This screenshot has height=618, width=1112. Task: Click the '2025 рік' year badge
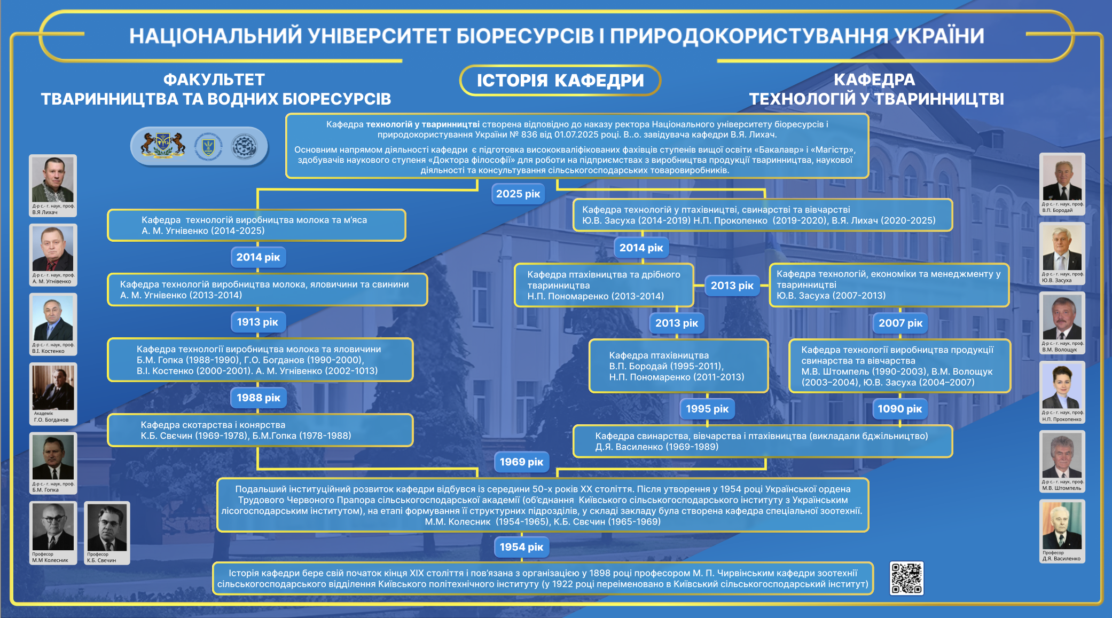518,194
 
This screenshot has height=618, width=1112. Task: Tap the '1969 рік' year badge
521,462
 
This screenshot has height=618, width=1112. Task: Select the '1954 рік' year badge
521,546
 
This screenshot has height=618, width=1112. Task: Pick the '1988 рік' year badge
258,398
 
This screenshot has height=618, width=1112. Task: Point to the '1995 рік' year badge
707,409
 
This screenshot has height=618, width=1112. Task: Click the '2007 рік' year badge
900,323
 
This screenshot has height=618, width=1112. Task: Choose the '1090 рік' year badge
899,409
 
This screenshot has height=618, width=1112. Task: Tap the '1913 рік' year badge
257,322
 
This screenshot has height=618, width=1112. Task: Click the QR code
906,578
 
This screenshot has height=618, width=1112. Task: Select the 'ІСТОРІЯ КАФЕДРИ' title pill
560,81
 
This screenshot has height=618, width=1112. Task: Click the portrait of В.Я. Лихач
52,180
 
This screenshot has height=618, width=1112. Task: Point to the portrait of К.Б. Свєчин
107,528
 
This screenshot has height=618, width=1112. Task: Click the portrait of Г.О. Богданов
53,388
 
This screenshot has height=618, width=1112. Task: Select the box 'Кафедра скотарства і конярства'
260,430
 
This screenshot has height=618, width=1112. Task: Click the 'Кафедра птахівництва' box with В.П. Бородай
678,366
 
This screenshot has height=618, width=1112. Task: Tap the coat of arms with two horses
163,146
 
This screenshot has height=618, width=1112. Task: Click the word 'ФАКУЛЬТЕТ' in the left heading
214,80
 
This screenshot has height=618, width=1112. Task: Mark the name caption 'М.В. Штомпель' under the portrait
1061,488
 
